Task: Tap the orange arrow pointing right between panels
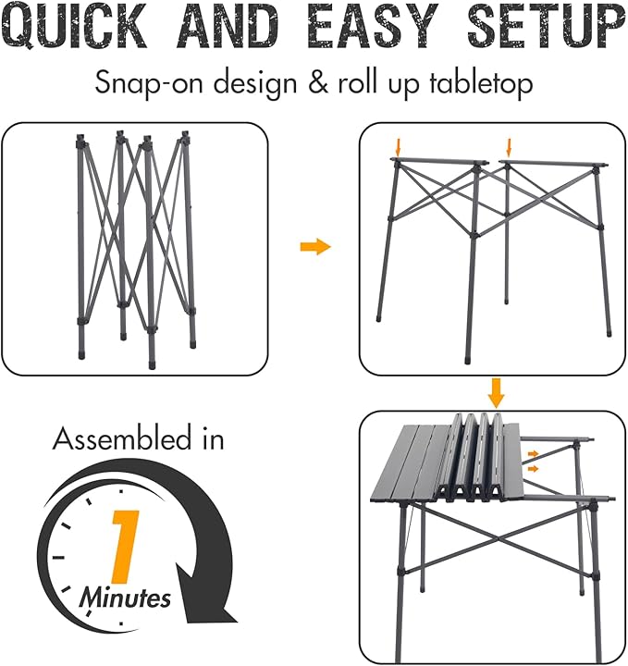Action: tap(315, 248)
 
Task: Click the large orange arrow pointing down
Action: tap(497, 392)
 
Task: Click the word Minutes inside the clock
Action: tap(125, 598)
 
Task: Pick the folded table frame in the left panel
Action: tap(135, 248)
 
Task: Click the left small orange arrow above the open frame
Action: tap(398, 146)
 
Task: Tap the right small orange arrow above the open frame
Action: tap(508, 146)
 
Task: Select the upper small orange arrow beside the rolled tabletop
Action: tap(535, 453)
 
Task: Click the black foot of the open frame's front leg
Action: tap(468, 353)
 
